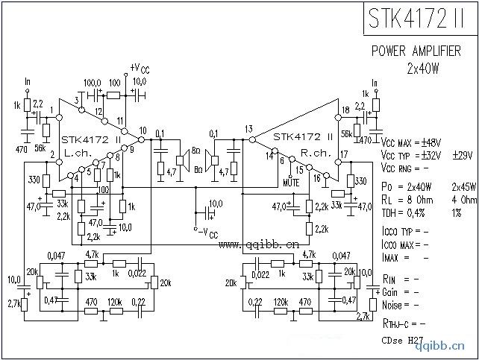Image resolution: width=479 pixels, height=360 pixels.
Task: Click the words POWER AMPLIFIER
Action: [x=416, y=51]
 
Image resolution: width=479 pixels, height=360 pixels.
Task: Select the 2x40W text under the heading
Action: [x=421, y=68]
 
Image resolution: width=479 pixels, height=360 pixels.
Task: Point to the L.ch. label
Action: [x=78, y=151]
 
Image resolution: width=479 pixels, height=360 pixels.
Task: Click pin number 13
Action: [x=248, y=130]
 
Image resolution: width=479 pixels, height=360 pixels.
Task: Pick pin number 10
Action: [x=143, y=130]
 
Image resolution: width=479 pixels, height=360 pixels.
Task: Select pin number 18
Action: [x=345, y=110]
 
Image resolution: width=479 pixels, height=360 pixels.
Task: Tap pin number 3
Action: [x=76, y=99]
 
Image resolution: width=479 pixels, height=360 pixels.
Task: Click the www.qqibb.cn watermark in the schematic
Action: [x=259, y=244]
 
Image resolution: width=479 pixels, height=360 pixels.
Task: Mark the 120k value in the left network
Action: [x=114, y=303]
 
